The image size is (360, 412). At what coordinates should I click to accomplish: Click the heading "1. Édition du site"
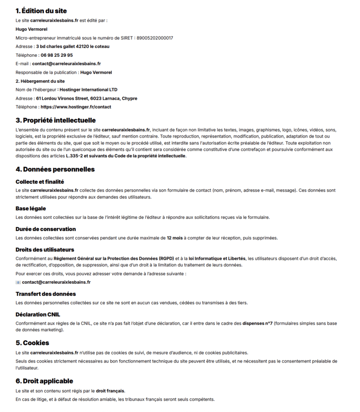point(41,11)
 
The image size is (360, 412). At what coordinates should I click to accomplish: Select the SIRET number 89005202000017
point(155,38)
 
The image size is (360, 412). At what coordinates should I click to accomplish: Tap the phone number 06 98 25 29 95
point(57,55)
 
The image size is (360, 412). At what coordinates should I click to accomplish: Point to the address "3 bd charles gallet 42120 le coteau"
point(73,46)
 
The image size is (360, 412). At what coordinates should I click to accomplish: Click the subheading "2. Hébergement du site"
point(40,81)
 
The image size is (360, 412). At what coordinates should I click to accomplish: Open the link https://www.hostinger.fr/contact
point(76,107)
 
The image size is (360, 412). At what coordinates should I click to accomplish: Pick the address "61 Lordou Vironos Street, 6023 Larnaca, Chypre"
point(86,98)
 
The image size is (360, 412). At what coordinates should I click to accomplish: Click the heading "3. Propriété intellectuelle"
point(56,120)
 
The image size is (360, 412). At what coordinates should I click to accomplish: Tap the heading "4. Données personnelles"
point(55,169)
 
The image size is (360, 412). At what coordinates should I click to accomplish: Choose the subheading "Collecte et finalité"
point(40,182)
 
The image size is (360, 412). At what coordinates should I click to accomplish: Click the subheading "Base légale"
point(31,208)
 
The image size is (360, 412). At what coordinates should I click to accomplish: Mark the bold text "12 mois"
point(175,238)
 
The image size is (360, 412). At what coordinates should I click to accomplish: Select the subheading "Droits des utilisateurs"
point(45,250)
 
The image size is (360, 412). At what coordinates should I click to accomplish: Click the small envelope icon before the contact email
point(18,282)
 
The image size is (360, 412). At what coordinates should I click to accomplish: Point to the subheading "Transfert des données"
point(45,294)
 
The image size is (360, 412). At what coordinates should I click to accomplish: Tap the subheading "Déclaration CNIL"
point(38,314)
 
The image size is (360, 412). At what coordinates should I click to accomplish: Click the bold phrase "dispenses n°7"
point(257,323)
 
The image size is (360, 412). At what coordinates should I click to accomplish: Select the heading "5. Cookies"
point(32,343)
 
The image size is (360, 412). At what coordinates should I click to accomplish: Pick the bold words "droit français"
point(110,391)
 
